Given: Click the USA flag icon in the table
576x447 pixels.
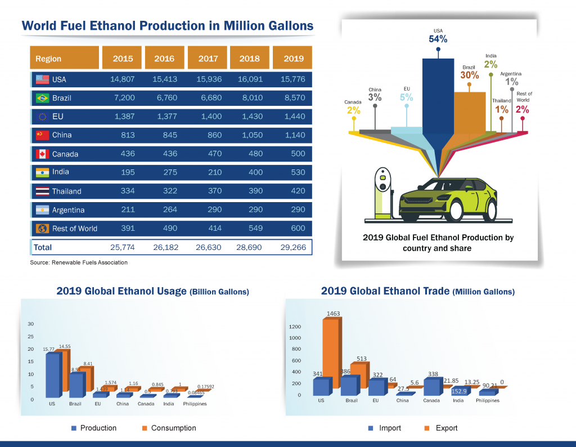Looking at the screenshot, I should point(42,79).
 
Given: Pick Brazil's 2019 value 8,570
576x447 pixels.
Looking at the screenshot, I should point(292,98).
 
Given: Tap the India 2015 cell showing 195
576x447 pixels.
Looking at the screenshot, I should point(127,172).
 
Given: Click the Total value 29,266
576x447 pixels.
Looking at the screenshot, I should point(292,247).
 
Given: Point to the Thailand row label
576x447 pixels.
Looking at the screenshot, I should point(66,191).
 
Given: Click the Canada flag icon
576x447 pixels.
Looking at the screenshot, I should point(42,154).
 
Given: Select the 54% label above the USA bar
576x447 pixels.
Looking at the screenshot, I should point(438,39).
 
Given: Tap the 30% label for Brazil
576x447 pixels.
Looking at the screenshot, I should point(469,74).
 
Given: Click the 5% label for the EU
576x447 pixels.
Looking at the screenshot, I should point(406,97).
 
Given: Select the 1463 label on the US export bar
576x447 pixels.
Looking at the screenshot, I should point(334,314).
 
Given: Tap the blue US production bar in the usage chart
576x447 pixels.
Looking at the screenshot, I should point(52,374).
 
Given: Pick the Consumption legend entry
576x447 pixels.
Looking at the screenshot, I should point(168,428).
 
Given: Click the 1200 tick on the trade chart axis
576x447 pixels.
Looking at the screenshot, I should point(295,327).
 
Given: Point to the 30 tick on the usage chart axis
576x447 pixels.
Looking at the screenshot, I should point(31,324).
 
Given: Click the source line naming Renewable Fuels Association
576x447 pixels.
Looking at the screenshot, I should point(79,262).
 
